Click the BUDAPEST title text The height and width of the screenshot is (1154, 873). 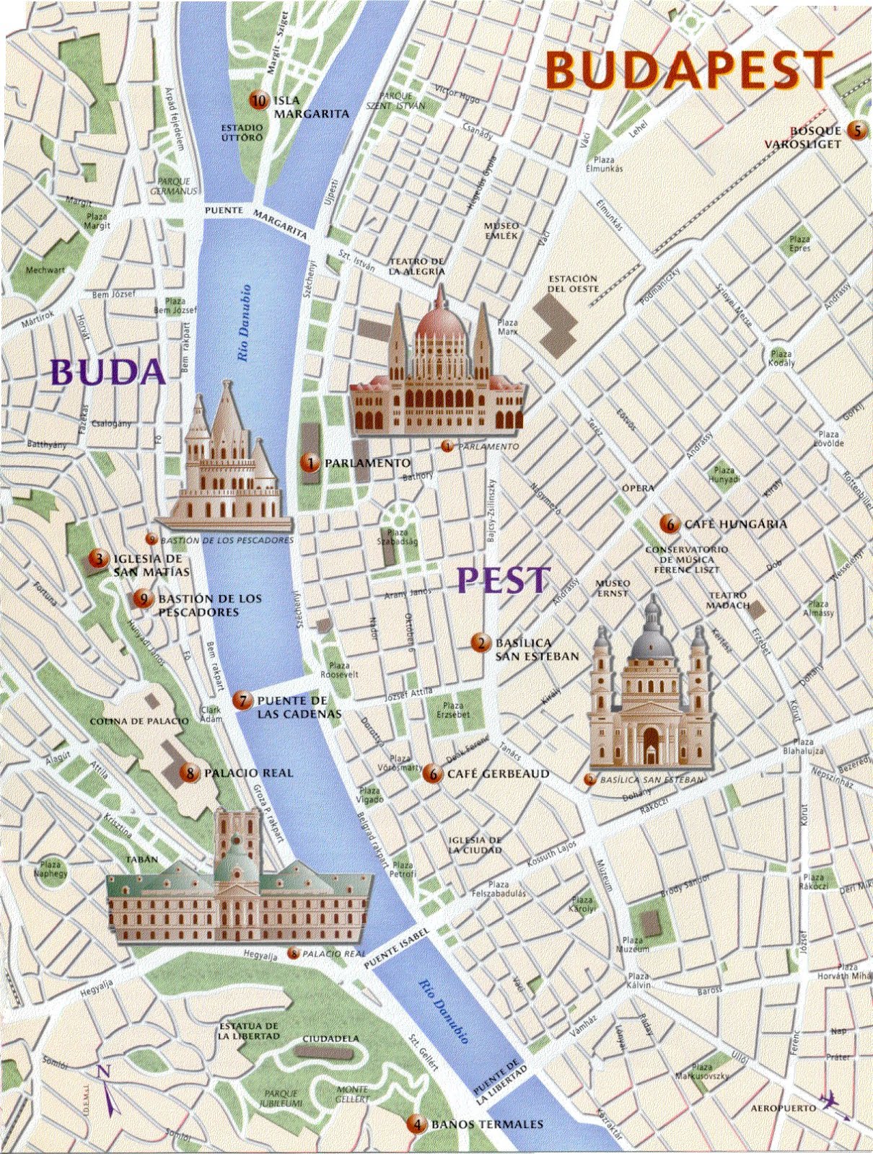pyautogui.click(x=689, y=70)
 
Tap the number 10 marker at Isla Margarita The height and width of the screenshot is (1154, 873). pyautogui.click(x=258, y=101)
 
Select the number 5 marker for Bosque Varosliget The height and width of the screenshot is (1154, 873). pyautogui.click(x=856, y=131)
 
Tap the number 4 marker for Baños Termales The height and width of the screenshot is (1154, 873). pyautogui.click(x=415, y=1124)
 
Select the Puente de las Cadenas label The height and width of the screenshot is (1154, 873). pyautogui.click(x=292, y=707)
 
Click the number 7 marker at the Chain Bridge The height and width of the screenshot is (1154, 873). pyautogui.click(x=243, y=700)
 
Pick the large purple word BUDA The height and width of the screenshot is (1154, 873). pyautogui.click(x=109, y=372)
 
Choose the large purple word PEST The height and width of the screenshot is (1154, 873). pyautogui.click(x=504, y=580)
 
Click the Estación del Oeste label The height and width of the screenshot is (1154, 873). pyautogui.click(x=574, y=283)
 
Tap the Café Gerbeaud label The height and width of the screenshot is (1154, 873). pyautogui.click(x=498, y=774)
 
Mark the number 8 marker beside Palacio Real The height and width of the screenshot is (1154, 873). pyautogui.click(x=190, y=772)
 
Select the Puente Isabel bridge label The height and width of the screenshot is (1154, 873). pyautogui.click(x=396, y=948)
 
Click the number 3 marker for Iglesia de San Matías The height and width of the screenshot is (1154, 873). pyautogui.click(x=97, y=558)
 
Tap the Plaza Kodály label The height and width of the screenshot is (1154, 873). pyautogui.click(x=781, y=358)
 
